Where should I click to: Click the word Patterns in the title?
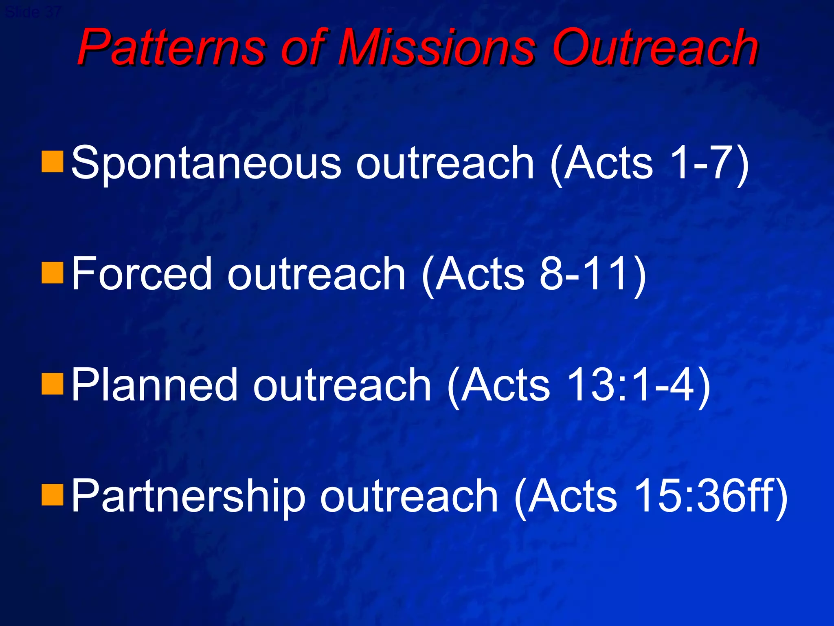click(x=171, y=48)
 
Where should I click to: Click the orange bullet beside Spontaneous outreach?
click(x=52, y=162)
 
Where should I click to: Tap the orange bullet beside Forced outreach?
click(x=52, y=273)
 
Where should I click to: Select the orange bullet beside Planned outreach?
click(x=52, y=384)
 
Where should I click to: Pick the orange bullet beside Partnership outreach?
click(x=52, y=495)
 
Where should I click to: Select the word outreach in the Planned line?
click(x=342, y=385)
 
